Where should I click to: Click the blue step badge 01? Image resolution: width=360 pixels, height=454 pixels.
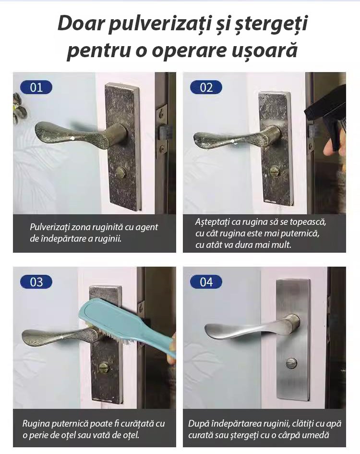36,87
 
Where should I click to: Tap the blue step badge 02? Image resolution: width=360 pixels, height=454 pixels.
206,87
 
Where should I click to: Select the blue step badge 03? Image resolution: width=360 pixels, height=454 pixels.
36,282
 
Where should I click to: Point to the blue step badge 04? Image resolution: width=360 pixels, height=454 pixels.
206,282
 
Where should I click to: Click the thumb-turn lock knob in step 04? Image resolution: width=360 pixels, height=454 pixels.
291,363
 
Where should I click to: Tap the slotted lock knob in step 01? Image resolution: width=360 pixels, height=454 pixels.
120,173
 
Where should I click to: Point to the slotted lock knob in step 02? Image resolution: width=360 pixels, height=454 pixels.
275,172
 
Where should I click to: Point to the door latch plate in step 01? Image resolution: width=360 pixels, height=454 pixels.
162,131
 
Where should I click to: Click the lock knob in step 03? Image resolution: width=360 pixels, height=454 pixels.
104,367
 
